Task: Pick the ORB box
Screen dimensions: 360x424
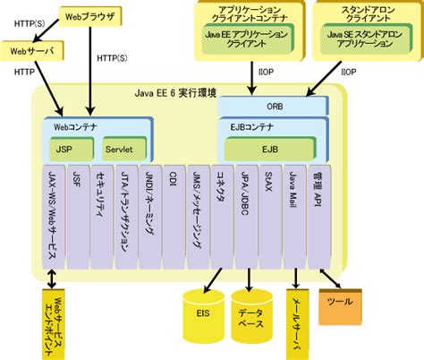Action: [x=276, y=104]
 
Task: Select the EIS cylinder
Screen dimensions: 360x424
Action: [x=202, y=312]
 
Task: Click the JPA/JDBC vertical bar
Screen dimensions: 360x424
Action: [x=244, y=215]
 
